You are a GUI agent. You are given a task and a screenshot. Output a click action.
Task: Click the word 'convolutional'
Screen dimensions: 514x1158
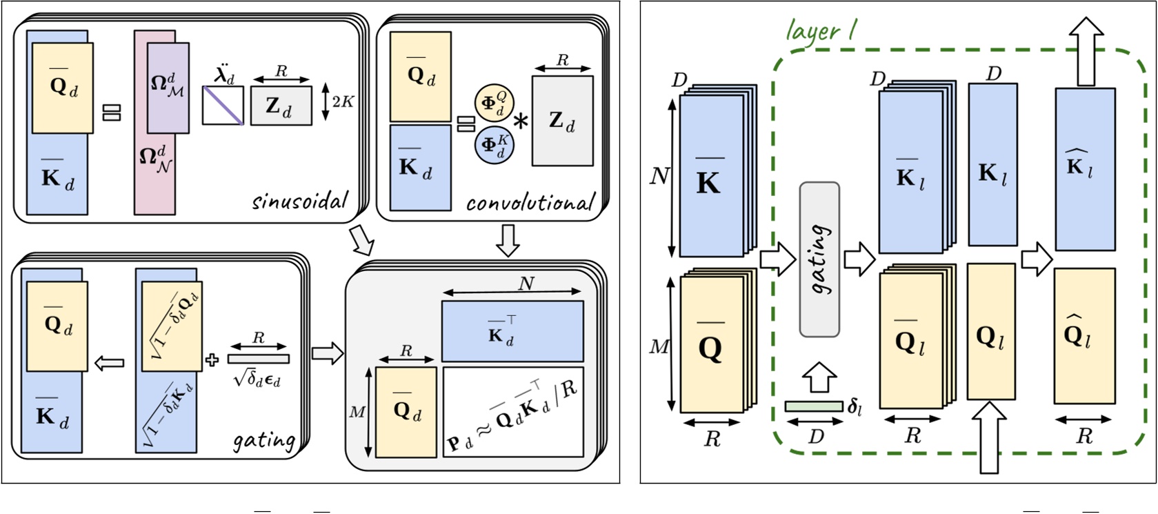tap(530, 203)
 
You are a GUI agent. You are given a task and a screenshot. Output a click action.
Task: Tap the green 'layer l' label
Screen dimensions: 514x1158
tap(821, 31)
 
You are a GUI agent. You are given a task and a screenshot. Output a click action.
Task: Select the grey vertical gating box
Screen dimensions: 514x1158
tap(819, 259)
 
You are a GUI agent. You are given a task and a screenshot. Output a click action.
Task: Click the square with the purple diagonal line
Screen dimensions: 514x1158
tap(223, 106)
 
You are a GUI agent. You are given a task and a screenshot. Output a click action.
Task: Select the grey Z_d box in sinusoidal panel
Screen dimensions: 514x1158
tap(281, 106)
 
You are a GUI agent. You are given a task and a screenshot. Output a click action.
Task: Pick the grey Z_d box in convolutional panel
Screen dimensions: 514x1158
tap(562, 121)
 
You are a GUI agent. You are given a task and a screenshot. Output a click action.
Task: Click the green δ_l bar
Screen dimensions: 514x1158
tap(814, 406)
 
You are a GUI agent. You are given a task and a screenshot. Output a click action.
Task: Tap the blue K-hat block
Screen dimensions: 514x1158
tap(1085, 169)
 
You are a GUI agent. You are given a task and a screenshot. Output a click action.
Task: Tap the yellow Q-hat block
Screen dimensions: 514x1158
tap(1084, 335)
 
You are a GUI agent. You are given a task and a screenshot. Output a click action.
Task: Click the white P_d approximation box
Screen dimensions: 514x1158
tap(512, 413)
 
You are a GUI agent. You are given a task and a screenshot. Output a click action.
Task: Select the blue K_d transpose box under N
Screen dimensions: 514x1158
tap(512, 331)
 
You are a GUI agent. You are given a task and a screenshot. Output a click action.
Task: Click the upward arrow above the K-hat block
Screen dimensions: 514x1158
tap(1086, 51)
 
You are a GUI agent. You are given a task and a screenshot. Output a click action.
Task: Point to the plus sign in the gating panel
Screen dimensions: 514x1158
tap(212, 359)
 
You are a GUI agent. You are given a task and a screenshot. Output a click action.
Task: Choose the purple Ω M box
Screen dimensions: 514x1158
tap(168, 87)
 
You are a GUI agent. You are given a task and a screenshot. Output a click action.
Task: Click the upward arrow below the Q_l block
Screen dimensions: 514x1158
tap(990, 439)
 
